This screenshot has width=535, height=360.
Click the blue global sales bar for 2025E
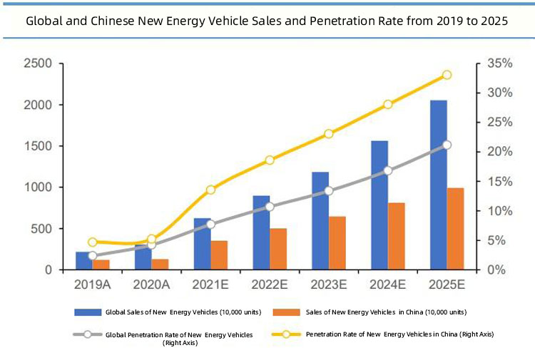pyautogui.click(x=438, y=185)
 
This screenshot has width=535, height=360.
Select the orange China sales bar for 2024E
pyautogui.click(x=397, y=236)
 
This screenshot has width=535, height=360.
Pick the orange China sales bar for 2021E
pyautogui.click(x=219, y=255)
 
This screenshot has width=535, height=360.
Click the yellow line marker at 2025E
pyautogui.click(x=447, y=75)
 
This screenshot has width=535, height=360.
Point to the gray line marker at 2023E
pyautogui.click(x=329, y=191)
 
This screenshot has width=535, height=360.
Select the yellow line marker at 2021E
pyautogui.click(x=210, y=190)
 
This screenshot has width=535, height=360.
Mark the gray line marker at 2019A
pyautogui.click(x=93, y=255)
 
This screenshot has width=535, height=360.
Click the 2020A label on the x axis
pyautogui.click(x=151, y=284)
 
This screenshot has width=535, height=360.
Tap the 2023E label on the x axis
pyautogui.click(x=329, y=284)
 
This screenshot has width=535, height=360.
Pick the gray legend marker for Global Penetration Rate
pyautogui.click(x=87, y=334)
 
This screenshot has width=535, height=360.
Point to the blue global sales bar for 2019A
pyautogui.click(x=84, y=261)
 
